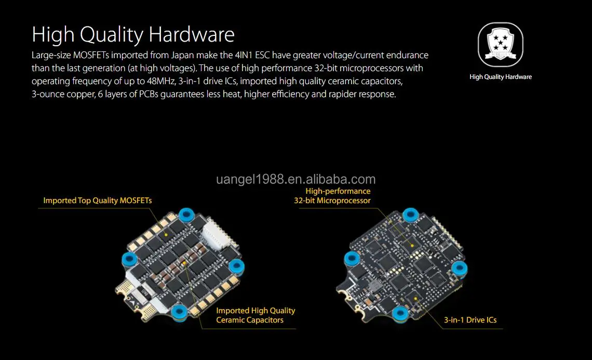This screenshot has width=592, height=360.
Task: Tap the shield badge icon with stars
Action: (500, 45)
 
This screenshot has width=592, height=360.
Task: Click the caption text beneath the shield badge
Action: (501, 77)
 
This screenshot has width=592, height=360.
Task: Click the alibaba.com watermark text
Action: (295, 179)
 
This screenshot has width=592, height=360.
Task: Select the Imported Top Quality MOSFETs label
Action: (98, 201)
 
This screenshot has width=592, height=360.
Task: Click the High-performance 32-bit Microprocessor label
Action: (332, 196)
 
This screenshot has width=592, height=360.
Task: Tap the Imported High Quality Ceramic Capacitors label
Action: (255, 315)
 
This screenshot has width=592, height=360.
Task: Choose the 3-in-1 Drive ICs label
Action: (470, 320)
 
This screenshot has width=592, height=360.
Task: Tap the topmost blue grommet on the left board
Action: (186, 215)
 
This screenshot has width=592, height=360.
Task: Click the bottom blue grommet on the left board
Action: (179, 312)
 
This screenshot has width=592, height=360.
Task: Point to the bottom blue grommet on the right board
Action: (400, 314)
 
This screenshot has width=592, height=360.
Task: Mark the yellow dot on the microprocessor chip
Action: (412, 246)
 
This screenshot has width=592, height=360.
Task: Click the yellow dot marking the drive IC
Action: (415, 299)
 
